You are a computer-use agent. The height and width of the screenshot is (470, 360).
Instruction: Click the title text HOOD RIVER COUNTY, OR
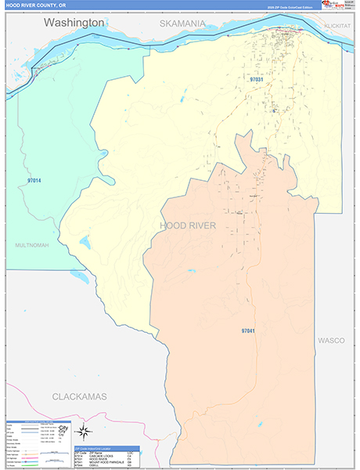37,5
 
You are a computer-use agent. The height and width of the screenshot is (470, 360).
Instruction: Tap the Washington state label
74,23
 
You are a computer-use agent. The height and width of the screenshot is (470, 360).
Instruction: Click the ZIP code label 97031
257,80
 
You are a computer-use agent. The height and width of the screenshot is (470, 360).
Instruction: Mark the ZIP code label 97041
248,331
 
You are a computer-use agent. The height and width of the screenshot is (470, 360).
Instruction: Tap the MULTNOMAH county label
31,245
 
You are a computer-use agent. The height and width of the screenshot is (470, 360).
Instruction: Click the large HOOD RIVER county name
186,226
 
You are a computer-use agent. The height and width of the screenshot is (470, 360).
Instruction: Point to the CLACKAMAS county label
79,397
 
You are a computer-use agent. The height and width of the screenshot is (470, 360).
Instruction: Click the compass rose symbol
85,430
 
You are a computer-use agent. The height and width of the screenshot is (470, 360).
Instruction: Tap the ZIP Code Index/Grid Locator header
106,448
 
